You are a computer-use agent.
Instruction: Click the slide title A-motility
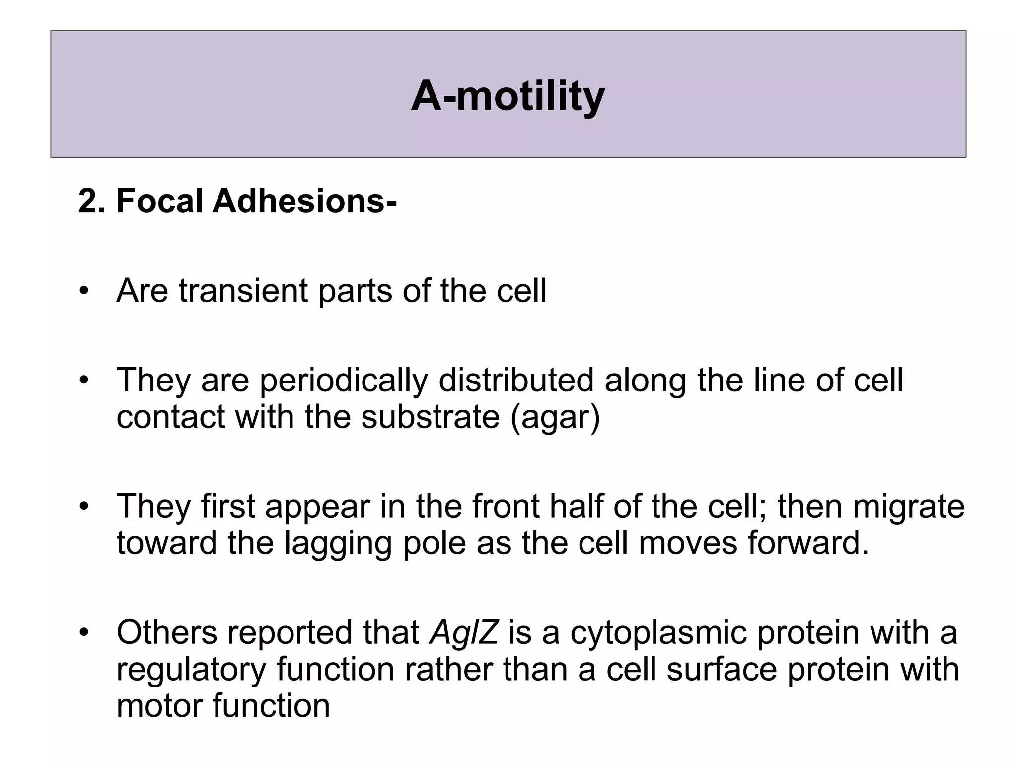click(508, 96)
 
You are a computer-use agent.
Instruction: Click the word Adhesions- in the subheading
click(305, 201)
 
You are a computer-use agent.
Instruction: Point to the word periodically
click(344, 381)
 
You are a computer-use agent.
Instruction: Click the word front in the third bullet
click(505, 506)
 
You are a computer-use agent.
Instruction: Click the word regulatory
click(192, 670)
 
